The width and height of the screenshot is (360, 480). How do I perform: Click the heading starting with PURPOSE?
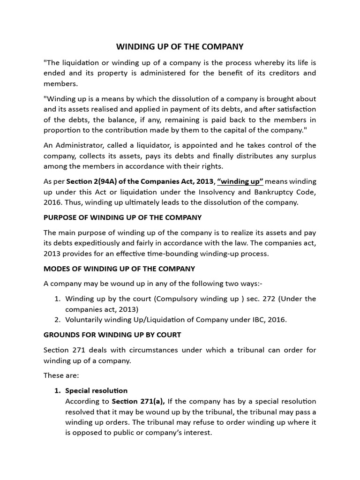(x=122, y=217)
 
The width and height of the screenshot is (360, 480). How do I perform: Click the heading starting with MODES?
(x=119, y=269)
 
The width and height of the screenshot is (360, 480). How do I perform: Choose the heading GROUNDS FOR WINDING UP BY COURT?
(x=112, y=335)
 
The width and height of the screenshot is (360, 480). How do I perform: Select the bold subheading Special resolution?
(x=96, y=390)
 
